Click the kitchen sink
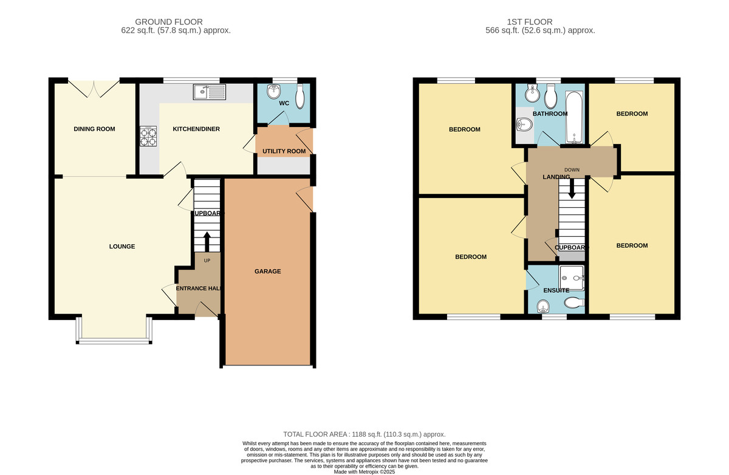(209, 92)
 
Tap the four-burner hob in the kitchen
(148, 136)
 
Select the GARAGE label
(267, 272)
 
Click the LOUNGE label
(122, 247)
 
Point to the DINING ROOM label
(94, 129)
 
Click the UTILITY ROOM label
(284, 151)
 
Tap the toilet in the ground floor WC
(300, 97)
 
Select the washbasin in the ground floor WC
(274, 91)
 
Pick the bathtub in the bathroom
(575, 117)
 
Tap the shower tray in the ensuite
(572, 278)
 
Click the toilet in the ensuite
(575, 303)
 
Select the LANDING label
(556, 177)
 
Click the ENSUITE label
(556, 290)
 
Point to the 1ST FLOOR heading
(530, 22)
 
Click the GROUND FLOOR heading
(169, 22)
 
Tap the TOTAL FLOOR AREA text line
(364, 434)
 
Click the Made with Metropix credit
(364, 472)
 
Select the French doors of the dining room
(94, 88)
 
